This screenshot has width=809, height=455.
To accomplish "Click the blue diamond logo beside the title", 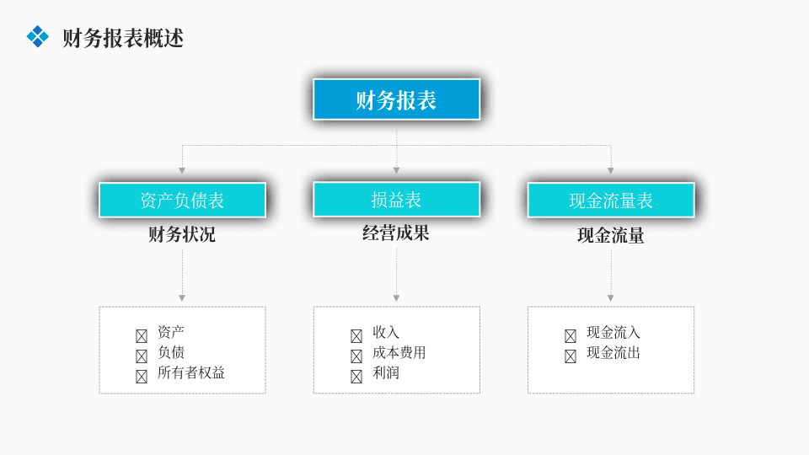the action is tap(38, 36).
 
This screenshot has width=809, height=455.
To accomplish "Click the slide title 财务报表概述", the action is tap(123, 38).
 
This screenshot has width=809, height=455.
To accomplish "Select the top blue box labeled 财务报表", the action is tap(396, 99).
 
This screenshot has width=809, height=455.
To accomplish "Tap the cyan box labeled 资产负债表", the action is tap(182, 201).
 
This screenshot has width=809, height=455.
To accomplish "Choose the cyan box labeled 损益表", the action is tap(396, 199).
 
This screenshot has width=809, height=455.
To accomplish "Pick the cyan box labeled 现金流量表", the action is tap(611, 201).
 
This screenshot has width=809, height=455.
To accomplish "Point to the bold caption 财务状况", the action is tap(182, 235).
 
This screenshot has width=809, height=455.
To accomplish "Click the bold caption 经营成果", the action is tap(396, 233).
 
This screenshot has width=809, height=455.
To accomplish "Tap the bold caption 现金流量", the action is tap(611, 236).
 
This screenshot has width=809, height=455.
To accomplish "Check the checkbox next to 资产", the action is tap(142, 336).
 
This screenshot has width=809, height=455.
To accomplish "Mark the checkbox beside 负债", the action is tap(142, 356).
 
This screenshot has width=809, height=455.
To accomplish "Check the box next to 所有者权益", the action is tap(142, 377).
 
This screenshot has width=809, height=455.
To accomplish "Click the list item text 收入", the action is tap(386, 332).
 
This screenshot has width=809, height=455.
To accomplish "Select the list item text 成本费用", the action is tap(399, 353).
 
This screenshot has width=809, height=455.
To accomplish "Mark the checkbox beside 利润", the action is tap(356, 377).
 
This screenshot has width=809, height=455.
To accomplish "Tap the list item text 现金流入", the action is tap(613, 332).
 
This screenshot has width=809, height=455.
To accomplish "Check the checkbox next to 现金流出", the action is tap(571, 356).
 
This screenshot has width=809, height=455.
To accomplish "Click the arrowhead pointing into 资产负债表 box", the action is tap(182, 171).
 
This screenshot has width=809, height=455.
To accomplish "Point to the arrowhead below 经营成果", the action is tap(396, 298).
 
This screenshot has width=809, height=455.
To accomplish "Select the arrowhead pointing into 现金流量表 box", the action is tap(611, 171).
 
